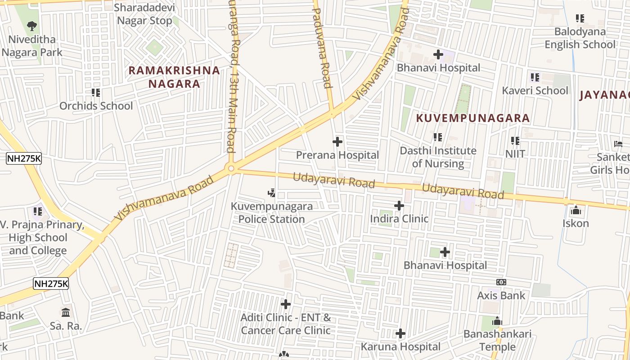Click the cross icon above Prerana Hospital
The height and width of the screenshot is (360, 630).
[x=337, y=142]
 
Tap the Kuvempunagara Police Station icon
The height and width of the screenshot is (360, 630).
[x=271, y=193]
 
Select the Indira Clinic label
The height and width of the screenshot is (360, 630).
[x=399, y=219]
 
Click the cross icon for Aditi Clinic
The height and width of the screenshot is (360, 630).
[x=285, y=304]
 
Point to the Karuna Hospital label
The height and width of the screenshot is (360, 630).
[x=400, y=346]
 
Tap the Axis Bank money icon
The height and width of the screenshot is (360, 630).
[x=501, y=282]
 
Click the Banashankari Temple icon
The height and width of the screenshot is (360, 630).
[x=497, y=321]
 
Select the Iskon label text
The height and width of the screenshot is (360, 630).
[x=576, y=223]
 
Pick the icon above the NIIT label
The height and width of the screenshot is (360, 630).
[x=515, y=141]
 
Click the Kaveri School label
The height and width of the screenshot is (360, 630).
[x=535, y=90]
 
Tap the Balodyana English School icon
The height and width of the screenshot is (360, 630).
[x=580, y=18]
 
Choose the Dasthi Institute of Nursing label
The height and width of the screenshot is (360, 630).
[x=438, y=157]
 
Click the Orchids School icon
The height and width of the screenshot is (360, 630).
[x=96, y=93]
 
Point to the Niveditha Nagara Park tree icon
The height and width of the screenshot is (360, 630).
[x=31, y=26]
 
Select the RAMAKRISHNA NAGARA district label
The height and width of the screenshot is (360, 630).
[x=174, y=77]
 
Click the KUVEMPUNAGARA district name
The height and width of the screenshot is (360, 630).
[x=472, y=118]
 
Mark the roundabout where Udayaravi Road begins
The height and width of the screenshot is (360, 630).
[x=231, y=169]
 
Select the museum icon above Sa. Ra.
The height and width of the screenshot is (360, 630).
[x=66, y=312]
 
